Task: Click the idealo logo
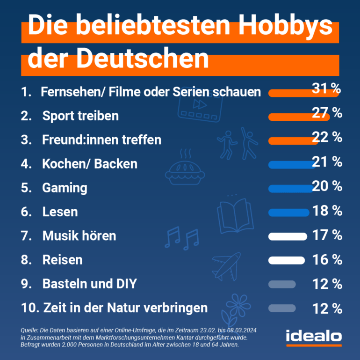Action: (x=313, y=336)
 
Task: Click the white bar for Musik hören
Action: (x=287, y=236)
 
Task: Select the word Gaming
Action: (x=65, y=188)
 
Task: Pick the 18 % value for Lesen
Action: (x=327, y=211)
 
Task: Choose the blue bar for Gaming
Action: (x=290, y=188)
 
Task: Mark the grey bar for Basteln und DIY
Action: (x=282, y=284)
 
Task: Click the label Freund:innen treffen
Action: (x=101, y=140)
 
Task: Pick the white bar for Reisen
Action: (x=286, y=260)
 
